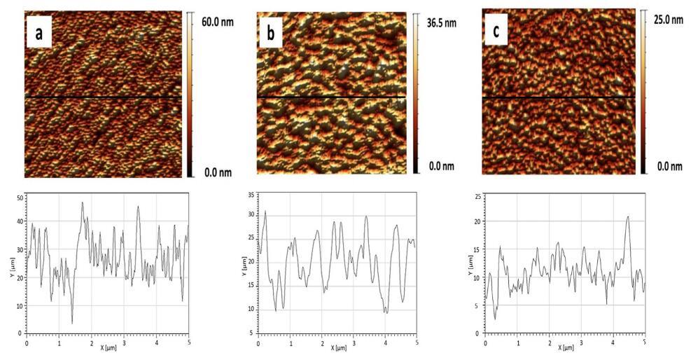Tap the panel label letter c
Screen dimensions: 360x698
(496, 32)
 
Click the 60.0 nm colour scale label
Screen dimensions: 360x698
(217, 22)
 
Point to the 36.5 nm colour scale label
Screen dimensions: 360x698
(441, 22)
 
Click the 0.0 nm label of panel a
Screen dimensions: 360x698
(217, 172)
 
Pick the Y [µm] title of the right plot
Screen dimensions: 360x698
(470, 264)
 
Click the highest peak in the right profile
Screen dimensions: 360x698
(628, 216)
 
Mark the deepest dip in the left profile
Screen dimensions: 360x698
(72, 324)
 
